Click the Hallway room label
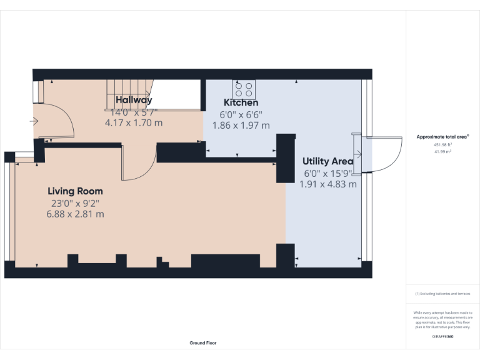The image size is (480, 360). tap(133, 100)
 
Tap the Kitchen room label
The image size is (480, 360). tap(241, 102)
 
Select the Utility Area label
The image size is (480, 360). tap(328, 161)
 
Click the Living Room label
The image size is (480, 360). tap(75, 191)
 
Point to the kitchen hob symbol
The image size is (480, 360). tap(244, 89)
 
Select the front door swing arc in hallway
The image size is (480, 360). tap(59, 122)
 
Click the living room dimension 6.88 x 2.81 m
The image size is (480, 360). tap(75, 214)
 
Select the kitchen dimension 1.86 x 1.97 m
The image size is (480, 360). tap(241, 125)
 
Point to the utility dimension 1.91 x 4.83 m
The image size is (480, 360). tap(328, 184)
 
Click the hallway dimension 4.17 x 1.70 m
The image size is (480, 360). tap(133, 123)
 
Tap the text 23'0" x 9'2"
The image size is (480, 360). tap(75, 203)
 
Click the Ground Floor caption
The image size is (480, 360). tap(203, 342)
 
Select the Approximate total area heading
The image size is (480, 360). tap(442, 137)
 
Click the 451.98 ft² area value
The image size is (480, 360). tap(442, 144)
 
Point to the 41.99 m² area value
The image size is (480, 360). tap(442, 151)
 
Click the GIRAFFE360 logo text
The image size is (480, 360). tap(442, 337)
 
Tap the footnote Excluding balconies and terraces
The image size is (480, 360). tap(442, 294)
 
